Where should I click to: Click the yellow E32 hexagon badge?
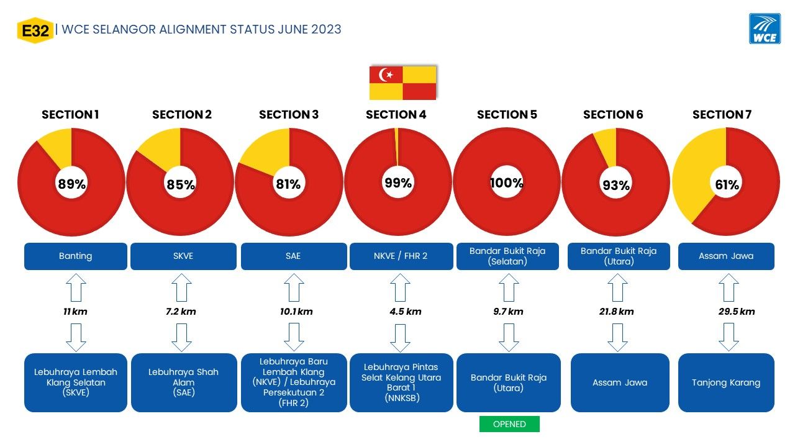point(35,30)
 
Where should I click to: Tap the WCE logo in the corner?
point(765,29)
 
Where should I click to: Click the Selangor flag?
point(402,83)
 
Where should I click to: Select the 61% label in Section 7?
point(727,184)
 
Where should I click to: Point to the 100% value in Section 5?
point(506,183)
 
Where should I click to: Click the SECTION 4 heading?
point(396,115)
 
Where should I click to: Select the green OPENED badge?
point(509,424)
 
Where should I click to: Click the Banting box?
point(76,256)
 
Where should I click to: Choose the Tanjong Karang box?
point(726,382)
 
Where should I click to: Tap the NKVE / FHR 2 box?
point(401,256)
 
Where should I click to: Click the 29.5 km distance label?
point(737,312)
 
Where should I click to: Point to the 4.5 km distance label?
point(406,312)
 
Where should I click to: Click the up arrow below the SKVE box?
point(182,287)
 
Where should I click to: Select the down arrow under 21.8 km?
point(617,337)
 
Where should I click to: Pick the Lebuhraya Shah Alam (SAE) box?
point(184,382)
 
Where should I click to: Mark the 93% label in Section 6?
point(616,185)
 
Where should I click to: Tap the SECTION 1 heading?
point(70,115)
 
